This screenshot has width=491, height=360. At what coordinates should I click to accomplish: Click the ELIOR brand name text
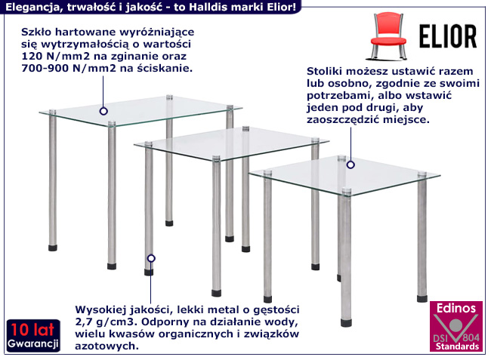[x=446, y=35]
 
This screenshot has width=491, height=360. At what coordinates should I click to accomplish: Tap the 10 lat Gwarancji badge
[x=33, y=336]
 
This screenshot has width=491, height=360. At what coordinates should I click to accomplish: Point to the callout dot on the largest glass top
[x=103, y=111]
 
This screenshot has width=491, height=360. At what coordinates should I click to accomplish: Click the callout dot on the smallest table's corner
[x=351, y=164]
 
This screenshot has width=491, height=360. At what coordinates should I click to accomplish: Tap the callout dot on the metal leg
[x=151, y=259]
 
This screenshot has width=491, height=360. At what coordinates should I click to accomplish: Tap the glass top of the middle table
[x=227, y=143]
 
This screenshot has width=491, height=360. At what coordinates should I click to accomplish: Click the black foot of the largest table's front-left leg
[x=111, y=266]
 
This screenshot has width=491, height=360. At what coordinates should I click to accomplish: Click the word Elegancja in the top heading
[x=29, y=7]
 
